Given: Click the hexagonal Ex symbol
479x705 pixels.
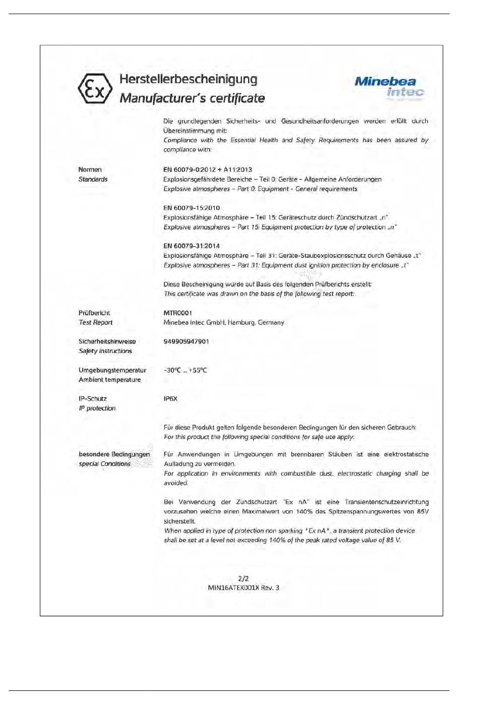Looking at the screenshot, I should point(95,89).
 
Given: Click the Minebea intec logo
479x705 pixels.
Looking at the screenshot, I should point(389,87).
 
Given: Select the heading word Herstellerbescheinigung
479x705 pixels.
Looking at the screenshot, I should point(188,80).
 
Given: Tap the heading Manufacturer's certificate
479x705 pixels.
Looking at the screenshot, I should point(192,98).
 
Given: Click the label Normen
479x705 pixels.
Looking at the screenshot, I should point(90,170).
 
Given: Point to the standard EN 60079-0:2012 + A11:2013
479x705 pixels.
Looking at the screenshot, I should point(207,170).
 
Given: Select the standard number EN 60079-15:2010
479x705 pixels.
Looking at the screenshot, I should point(192,208).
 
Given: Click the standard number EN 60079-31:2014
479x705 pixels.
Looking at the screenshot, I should point(192,246).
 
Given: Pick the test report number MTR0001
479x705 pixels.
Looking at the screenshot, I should point(177,313).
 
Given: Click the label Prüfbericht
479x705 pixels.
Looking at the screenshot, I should point(94,313).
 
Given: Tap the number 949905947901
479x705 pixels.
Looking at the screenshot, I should point(186,341).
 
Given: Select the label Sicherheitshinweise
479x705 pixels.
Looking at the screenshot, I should point(107,341).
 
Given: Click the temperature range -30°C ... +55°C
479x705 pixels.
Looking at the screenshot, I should point(185,370).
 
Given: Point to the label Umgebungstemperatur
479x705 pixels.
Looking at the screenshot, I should point(112,370).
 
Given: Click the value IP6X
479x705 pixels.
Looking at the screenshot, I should point(170,399).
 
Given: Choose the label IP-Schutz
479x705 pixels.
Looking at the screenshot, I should point(93,399).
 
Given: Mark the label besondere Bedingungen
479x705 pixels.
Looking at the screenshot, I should point(114,454).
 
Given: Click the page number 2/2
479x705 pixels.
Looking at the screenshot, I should point(243,578).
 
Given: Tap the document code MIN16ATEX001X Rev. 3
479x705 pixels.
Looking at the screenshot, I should point(243,588).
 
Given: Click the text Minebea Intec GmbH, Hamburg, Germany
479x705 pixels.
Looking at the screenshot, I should point(223,323).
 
